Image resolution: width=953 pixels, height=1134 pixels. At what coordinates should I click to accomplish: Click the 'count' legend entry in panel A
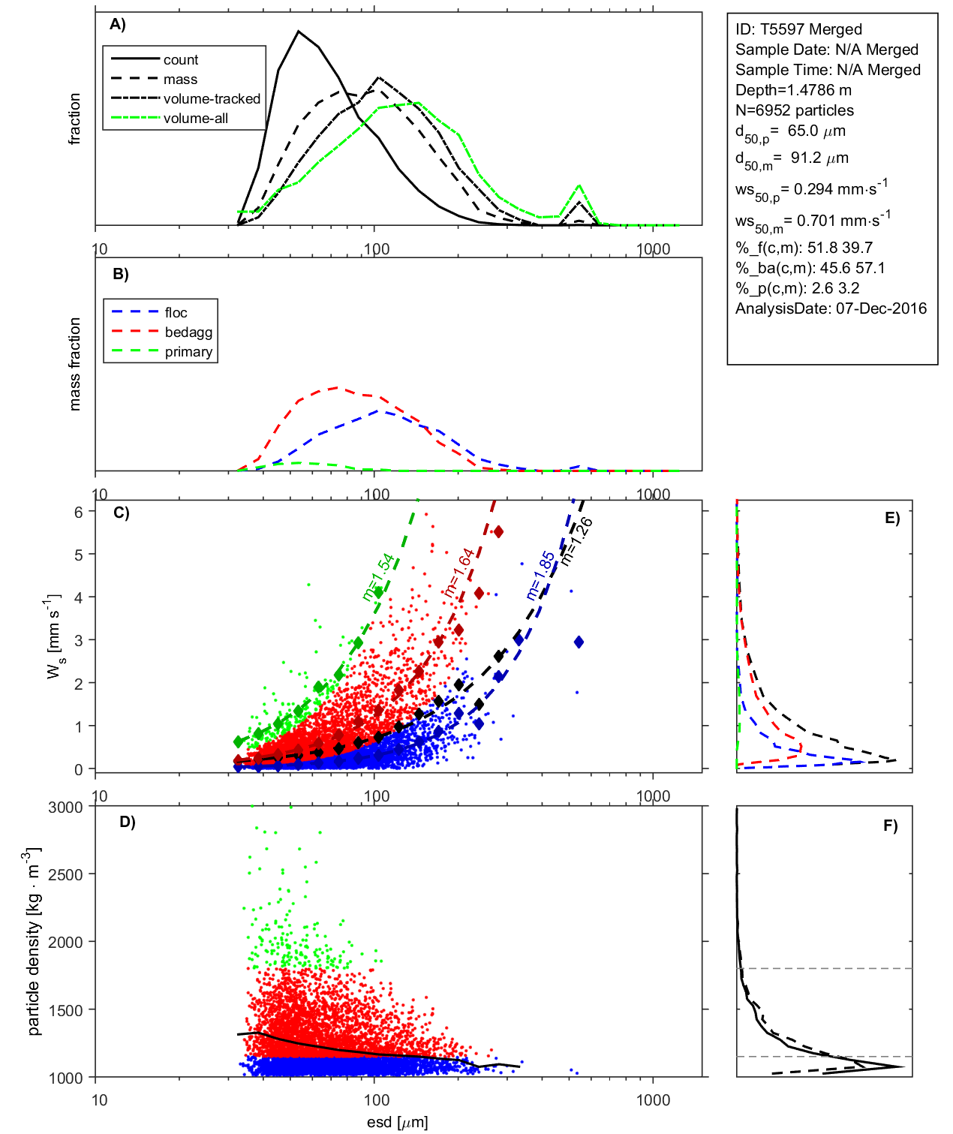tap(181, 60)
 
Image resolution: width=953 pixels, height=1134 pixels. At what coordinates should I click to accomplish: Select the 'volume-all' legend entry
tap(196, 119)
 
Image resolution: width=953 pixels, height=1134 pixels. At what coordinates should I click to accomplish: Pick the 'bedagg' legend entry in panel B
tap(188, 332)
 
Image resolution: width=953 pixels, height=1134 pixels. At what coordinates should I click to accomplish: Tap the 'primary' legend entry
tap(188, 352)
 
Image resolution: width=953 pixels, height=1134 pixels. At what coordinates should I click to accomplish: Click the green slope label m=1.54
tap(377, 577)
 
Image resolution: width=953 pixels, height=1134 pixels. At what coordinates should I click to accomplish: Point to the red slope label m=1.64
tap(459, 573)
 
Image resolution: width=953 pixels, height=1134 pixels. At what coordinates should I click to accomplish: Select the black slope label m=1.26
tap(577, 540)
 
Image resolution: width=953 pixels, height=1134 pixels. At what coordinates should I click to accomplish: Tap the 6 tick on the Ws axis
tap(78, 512)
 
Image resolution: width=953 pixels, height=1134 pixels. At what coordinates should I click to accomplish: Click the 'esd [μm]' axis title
tap(397, 1122)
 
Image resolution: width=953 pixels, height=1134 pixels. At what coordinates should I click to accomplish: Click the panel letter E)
tap(891, 518)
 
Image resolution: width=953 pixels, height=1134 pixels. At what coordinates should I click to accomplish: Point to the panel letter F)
tap(890, 826)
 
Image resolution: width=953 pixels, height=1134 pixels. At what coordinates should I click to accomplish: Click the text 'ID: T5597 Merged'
tap(798, 29)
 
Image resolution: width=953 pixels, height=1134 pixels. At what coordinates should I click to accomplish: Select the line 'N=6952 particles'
tap(794, 110)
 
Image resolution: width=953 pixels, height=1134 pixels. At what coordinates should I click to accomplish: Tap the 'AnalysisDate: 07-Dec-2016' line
tap(831, 308)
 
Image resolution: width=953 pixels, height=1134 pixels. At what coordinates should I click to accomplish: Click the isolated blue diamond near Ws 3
tap(579, 642)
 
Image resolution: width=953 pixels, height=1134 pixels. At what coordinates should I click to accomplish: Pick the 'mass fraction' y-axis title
tap(74, 364)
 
